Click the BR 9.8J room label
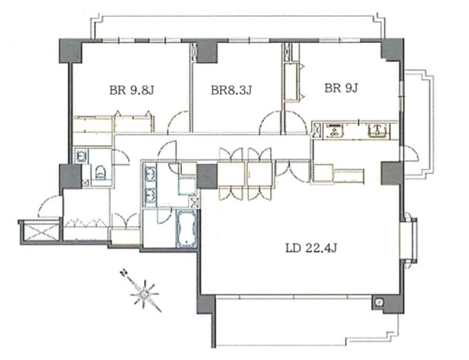pos(132,90)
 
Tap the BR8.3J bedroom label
pos(231,90)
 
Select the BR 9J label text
pos(341,88)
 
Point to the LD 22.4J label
pos(311,248)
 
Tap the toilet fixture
pos(100,173)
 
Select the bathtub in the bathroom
pos(187,229)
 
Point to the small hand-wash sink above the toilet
pos(81,155)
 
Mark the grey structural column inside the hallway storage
pos(207,176)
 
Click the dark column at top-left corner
pos(71,51)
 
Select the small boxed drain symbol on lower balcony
pos(379,302)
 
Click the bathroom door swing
pos(164,216)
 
